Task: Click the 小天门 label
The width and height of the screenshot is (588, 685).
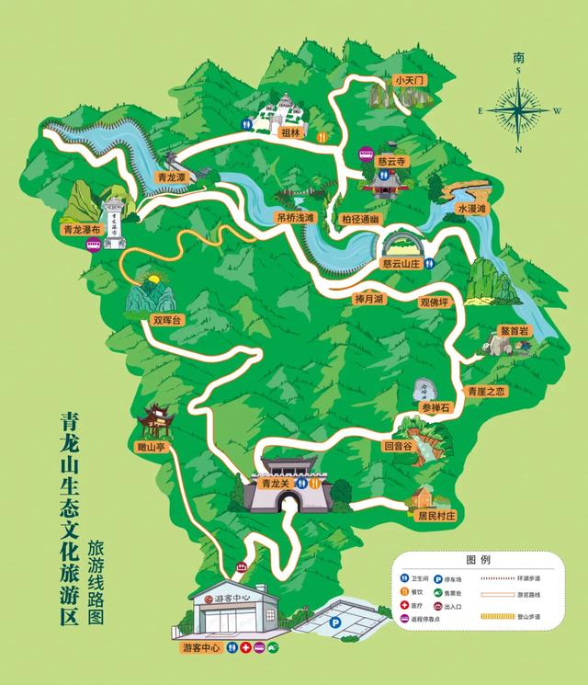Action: tap(410, 81)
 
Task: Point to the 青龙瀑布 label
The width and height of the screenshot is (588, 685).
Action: tap(81, 230)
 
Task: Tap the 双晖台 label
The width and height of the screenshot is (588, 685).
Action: tap(168, 320)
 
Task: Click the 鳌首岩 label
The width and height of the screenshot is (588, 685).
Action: tap(514, 330)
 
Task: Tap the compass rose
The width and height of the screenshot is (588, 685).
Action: tap(519, 108)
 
